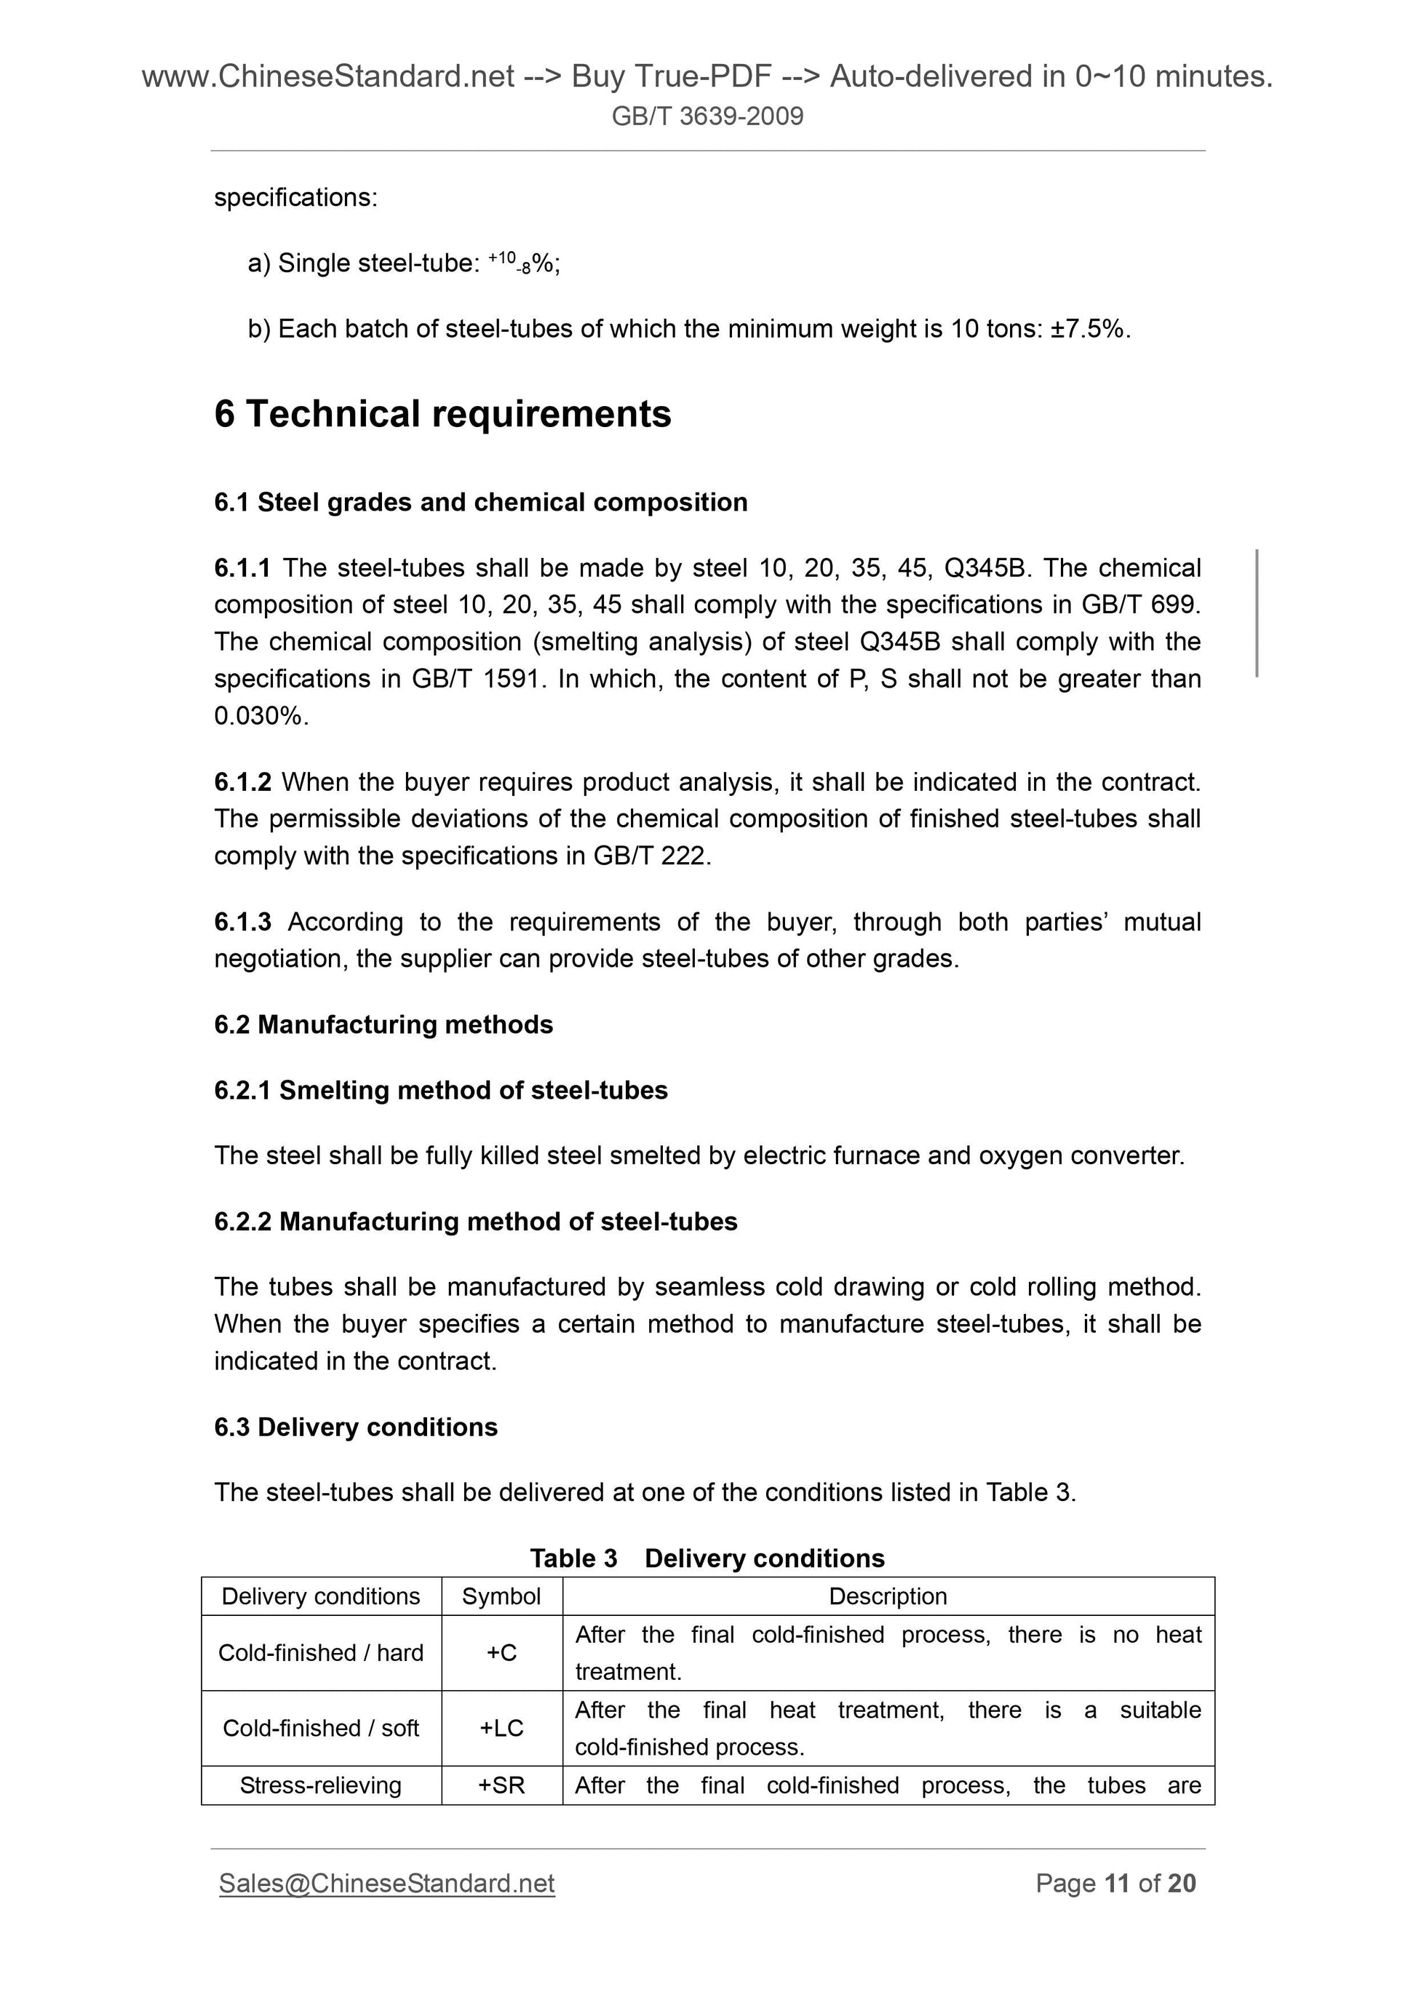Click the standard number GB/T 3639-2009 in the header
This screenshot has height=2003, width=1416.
click(707, 116)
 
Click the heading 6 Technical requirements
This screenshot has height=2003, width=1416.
click(442, 413)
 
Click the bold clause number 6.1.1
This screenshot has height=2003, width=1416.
click(242, 568)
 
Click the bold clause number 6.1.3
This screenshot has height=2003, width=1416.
click(242, 921)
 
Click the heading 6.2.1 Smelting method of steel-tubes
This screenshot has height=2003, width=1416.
click(441, 1091)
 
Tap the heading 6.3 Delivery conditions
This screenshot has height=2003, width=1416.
click(355, 1427)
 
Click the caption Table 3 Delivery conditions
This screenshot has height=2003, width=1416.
click(707, 1558)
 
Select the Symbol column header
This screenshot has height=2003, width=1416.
click(501, 1596)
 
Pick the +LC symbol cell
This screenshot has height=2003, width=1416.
click(501, 1728)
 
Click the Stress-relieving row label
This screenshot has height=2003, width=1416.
click(320, 1785)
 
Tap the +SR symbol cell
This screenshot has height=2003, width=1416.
click(501, 1785)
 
